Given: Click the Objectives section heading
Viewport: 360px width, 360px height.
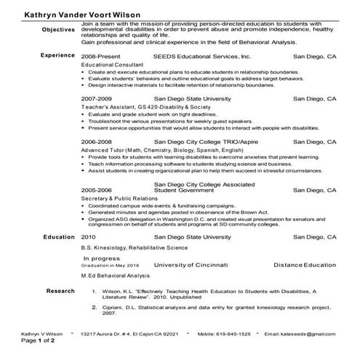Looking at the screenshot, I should pyautogui.click(x=59, y=29).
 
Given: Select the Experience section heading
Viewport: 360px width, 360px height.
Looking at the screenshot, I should pyautogui.click(x=57, y=55).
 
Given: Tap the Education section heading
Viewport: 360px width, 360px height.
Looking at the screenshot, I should pyautogui.click(x=59, y=237).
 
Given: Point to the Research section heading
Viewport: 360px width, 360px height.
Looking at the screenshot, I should pyautogui.click(x=60, y=291).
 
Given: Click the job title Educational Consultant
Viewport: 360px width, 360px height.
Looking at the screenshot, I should pyautogui.click(x=113, y=65).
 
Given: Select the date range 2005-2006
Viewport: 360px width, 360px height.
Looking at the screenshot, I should pyautogui.click(x=97, y=189).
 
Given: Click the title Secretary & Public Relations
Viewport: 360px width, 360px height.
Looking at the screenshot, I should pyautogui.click(x=120, y=199).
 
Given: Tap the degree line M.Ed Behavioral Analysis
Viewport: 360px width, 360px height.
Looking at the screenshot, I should pyautogui.click(x=115, y=276).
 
